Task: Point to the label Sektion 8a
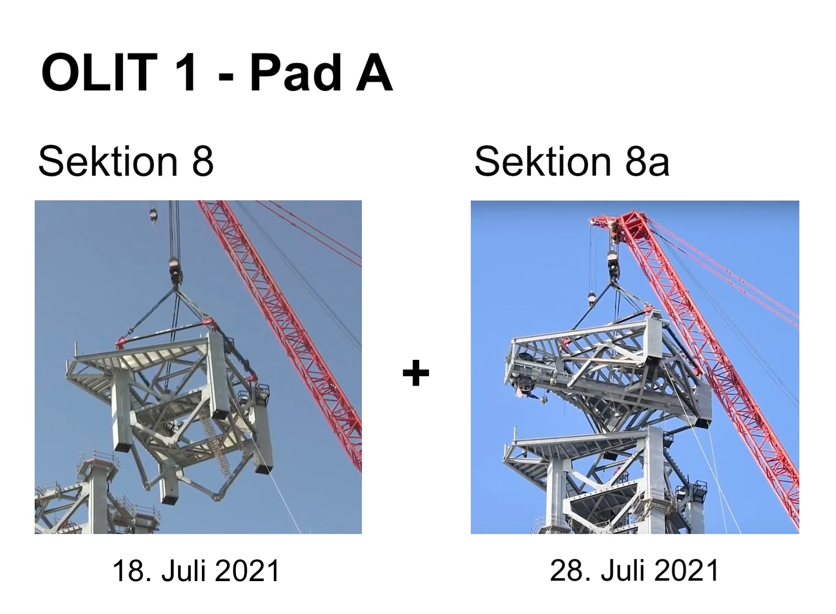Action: [572, 161]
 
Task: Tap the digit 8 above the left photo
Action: [202, 161]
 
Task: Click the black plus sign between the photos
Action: [416, 372]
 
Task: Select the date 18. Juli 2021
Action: [196, 570]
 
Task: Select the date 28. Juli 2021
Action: [634, 570]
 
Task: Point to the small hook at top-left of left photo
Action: [153, 216]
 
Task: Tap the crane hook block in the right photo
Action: [613, 261]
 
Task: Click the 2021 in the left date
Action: [247, 570]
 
